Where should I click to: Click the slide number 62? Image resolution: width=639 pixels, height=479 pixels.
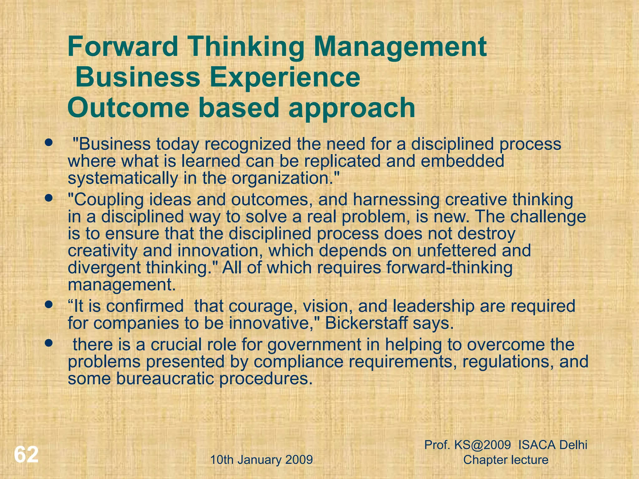click(x=26, y=455)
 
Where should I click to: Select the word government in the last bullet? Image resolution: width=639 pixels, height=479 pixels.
click(x=323, y=345)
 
